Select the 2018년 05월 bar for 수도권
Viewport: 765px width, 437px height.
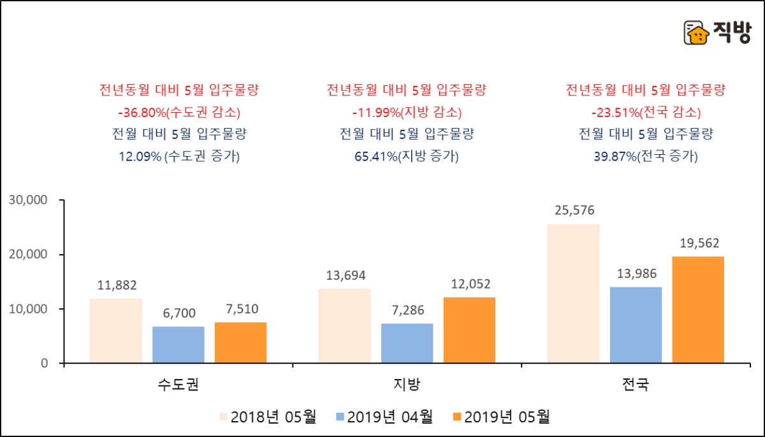116,331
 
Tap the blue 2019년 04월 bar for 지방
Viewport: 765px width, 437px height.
407,343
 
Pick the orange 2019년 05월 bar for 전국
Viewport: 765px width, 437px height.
698,310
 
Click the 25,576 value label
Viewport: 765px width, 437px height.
573,211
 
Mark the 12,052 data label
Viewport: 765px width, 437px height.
469,284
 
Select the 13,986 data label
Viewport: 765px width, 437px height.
636,274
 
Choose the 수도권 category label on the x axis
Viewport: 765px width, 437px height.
178,385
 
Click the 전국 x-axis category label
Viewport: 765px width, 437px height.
636,385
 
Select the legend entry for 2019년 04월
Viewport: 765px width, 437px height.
383,417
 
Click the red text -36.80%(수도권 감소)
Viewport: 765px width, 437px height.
178,113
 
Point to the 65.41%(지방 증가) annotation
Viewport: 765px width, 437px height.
407,156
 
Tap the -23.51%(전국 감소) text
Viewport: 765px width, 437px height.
646,113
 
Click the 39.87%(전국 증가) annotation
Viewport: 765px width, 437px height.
646,156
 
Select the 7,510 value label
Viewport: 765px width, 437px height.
240,309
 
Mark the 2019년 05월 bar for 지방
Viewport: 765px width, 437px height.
469,330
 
